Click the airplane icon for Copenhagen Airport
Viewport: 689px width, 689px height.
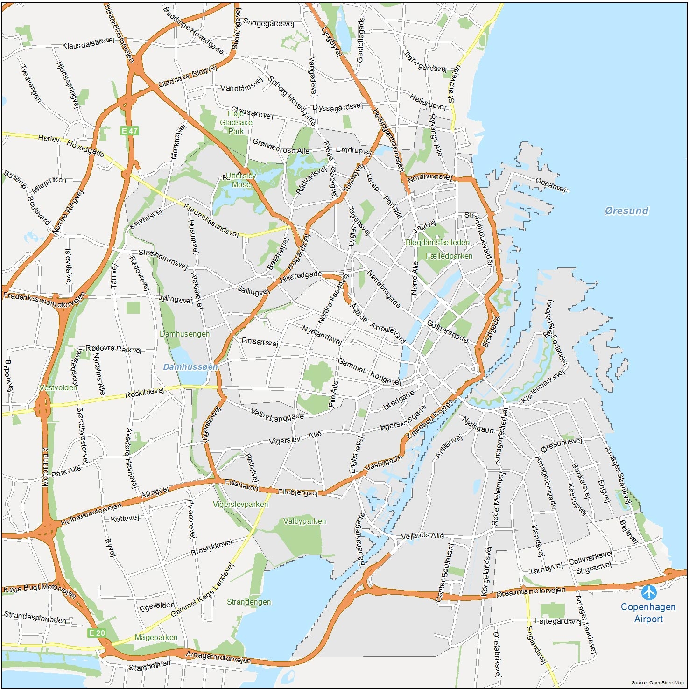pos(648,592)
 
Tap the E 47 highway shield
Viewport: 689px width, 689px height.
pos(129,131)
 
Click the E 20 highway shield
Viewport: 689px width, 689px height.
pos(97,633)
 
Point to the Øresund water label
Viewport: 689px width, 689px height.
pos(626,211)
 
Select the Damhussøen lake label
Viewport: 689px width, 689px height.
pos(190,367)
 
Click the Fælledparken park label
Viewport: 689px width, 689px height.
pos(449,256)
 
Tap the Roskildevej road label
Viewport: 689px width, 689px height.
pos(145,393)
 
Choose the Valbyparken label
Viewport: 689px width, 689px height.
pos(304,521)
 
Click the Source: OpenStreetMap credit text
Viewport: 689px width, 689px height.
pos(657,682)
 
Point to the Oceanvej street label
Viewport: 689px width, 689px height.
pos(551,185)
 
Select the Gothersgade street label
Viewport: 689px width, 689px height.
pos(447,331)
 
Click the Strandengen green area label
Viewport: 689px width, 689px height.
pos(249,602)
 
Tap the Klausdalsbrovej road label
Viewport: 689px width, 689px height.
pos(88,43)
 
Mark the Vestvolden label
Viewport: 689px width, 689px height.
pos(58,387)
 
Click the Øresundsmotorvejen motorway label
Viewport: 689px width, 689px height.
pos(530,591)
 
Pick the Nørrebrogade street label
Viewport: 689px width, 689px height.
pos(384,289)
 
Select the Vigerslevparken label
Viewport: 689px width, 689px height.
pos(240,504)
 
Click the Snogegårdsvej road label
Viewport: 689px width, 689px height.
pos(268,22)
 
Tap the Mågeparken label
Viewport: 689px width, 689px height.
pos(156,637)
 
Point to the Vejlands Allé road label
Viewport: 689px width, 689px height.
pos(422,535)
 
